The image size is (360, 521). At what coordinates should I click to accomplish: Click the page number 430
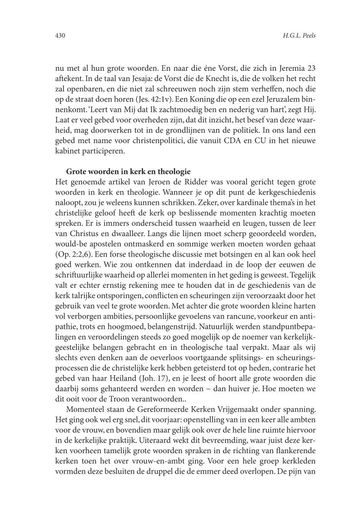(60, 36)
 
